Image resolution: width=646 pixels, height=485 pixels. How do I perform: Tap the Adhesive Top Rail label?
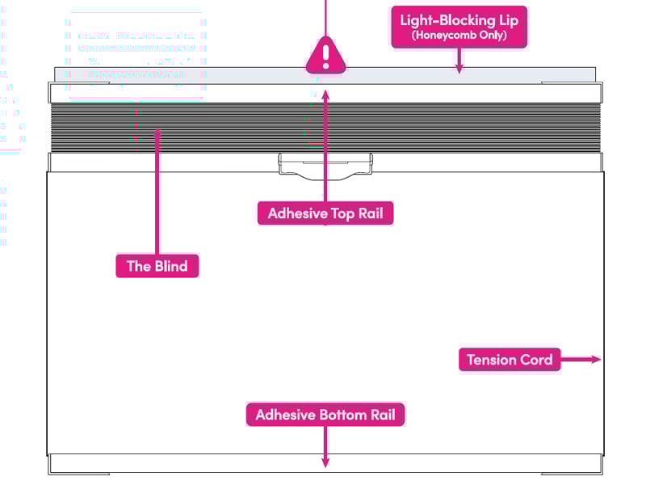[x=325, y=213]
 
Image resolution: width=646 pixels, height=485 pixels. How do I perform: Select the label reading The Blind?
[x=157, y=266]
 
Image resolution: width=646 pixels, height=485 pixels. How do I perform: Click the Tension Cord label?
[x=510, y=360]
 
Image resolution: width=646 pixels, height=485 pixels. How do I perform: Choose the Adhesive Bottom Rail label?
[x=325, y=415]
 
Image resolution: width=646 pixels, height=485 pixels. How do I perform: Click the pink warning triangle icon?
[x=325, y=56]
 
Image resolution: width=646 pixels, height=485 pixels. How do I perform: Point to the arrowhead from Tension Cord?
[x=596, y=360]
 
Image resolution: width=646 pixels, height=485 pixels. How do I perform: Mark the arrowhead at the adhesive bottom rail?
[x=325, y=462]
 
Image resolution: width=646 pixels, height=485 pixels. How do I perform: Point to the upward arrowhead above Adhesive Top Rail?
[x=325, y=94]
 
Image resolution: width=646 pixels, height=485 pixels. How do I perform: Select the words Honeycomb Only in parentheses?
[x=459, y=36]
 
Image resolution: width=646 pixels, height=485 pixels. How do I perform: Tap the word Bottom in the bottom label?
[x=338, y=415]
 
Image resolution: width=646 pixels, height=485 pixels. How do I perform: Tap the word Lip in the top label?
[x=505, y=19]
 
